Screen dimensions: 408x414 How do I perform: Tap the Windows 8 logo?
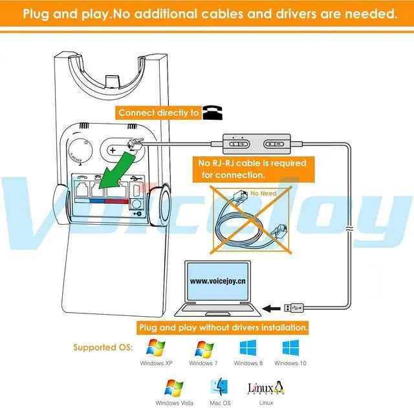pos(248,347)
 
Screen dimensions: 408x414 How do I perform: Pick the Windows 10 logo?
pos(290,347)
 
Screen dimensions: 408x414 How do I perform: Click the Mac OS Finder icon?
pos(219,388)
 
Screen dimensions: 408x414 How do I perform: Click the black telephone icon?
pos(211,113)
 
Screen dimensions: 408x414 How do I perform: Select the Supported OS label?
pos(103,348)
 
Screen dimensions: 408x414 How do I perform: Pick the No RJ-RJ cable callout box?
pos(252,169)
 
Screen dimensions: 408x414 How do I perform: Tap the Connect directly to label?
pos(159,113)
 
